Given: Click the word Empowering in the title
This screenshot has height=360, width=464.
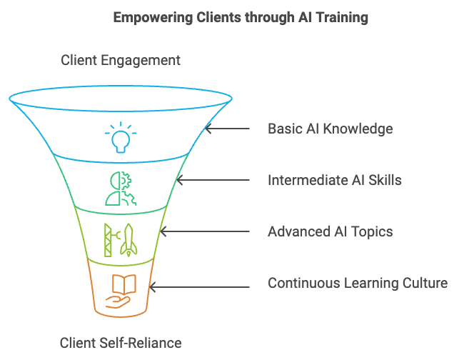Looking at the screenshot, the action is point(153,18).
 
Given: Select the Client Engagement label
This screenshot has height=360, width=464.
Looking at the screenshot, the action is point(121,61).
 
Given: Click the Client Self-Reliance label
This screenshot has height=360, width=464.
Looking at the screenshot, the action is point(121,343).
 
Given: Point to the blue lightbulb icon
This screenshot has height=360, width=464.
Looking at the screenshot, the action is point(121,137).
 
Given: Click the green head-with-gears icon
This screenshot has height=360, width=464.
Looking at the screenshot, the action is point(121,189).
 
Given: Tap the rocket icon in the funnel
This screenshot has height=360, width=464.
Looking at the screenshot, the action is point(128,240).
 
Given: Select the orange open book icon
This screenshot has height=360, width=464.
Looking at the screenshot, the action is point(124,284).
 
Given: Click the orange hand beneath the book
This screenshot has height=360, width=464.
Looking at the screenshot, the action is point(118,303).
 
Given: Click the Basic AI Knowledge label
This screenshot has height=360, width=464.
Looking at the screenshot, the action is point(331,129).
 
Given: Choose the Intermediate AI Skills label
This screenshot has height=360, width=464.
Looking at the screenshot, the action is point(335,180).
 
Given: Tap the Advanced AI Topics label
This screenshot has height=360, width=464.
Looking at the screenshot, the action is point(331,231).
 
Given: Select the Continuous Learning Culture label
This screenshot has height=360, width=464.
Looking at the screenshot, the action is point(358,283).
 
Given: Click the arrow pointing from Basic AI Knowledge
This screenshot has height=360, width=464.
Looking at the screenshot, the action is point(227,129).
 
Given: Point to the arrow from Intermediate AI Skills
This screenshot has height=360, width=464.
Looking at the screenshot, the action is point(213,180).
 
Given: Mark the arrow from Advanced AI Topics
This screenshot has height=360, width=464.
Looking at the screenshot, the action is point(204,231).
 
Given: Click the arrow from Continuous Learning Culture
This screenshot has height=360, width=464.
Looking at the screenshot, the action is point(199,287).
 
